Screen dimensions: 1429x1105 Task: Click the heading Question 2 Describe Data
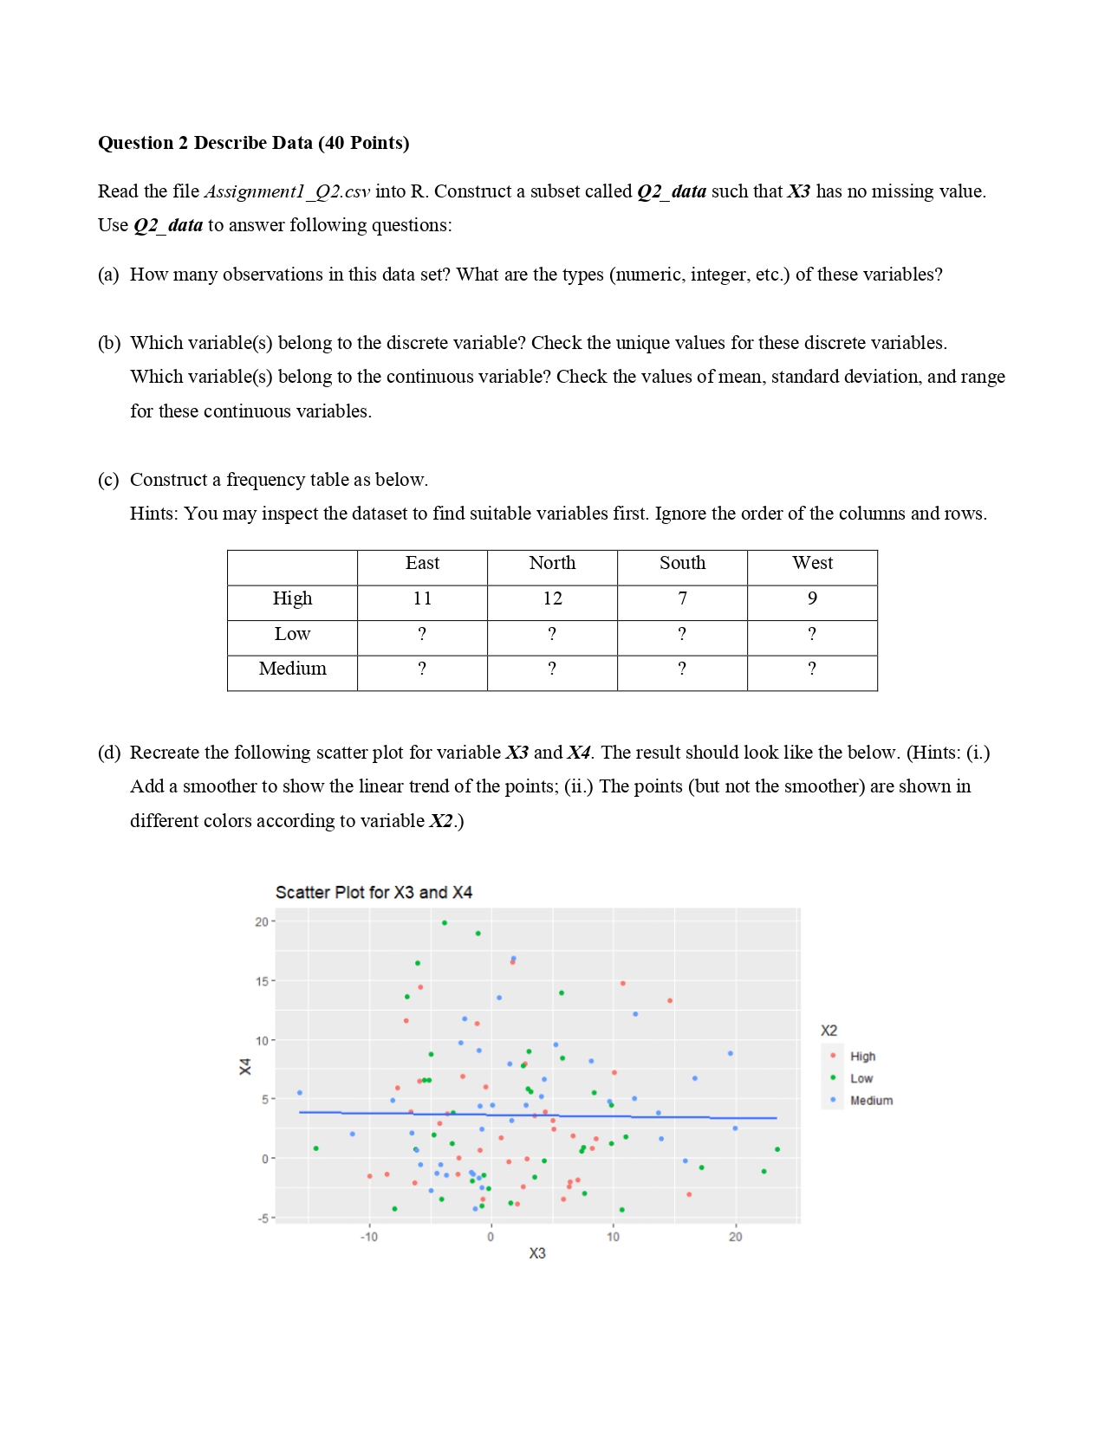coord(253,143)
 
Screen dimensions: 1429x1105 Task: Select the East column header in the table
coord(422,564)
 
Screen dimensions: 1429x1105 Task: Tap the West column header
coord(812,564)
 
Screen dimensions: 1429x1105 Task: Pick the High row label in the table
coord(292,599)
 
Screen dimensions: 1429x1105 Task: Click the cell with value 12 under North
coord(552,599)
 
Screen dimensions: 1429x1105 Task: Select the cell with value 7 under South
coord(682,599)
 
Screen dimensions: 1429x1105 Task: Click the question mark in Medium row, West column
coord(811,669)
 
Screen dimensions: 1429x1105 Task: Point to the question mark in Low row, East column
coord(422,635)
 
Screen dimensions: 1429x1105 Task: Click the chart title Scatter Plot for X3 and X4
coord(374,893)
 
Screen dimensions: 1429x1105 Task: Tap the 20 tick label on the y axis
coord(262,922)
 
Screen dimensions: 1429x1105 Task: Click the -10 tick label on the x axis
coord(369,1238)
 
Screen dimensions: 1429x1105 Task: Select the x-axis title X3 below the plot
coord(537,1254)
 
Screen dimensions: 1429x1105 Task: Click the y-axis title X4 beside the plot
coord(245,1067)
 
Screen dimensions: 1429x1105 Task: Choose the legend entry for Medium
coord(871,1101)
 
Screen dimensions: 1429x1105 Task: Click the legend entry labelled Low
coord(861,1079)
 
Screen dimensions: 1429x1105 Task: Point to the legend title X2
coord(829,1031)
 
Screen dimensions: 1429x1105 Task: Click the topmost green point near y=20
coord(445,923)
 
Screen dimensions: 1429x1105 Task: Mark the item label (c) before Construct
coord(108,481)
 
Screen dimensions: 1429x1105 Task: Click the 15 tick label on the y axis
coord(262,982)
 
